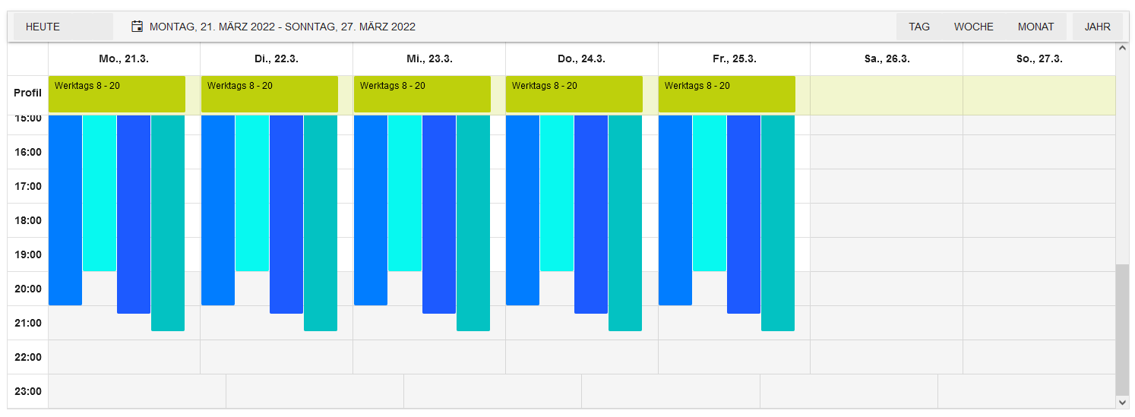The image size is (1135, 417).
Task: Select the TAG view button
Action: point(918,27)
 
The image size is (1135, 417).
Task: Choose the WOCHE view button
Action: point(973,27)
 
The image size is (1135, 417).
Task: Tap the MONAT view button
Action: point(1035,27)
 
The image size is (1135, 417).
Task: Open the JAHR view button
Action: point(1097,27)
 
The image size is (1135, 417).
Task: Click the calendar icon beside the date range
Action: point(137,27)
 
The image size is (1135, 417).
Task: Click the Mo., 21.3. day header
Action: point(124,58)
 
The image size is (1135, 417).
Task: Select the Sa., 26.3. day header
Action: point(887,58)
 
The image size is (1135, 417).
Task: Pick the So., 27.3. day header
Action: point(1039,58)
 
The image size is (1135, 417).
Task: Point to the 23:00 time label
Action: point(28,391)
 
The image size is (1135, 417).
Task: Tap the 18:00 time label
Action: point(28,220)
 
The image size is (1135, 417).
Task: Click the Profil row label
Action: point(28,93)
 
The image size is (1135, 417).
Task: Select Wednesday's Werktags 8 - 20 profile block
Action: point(422,94)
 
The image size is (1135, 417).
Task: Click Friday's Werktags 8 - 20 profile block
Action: point(726,94)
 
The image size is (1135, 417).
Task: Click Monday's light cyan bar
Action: point(100,193)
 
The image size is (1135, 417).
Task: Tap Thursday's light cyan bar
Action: point(557,193)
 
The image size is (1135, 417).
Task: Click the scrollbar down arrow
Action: point(1122,400)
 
